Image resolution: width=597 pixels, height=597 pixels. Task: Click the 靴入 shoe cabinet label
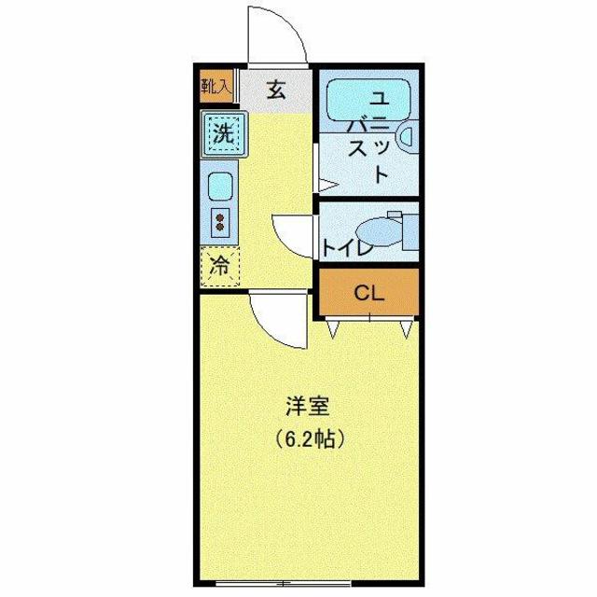pos(216,88)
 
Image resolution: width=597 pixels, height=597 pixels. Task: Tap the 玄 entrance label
pos(277,90)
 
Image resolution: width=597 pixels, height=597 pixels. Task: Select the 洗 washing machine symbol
pos(223,133)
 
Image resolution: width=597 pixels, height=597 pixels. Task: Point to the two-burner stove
pos(221,222)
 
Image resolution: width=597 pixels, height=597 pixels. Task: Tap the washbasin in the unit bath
pos(406,137)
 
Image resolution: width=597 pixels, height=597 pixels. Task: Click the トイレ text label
pos(348,248)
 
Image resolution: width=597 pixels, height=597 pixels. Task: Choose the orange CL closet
pos(368,292)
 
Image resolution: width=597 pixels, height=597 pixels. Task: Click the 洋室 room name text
pos(308,407)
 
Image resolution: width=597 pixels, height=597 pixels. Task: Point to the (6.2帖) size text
pos(309,437)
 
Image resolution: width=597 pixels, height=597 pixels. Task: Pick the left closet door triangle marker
pos(334,329)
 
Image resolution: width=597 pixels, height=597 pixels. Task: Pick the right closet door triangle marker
pos(405,329)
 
